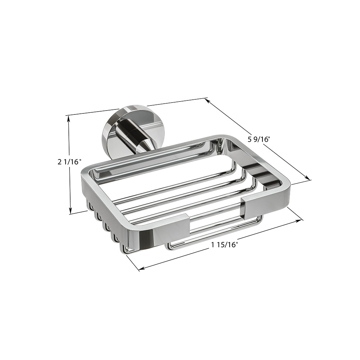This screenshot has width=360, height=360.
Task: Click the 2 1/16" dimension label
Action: click(69, 162)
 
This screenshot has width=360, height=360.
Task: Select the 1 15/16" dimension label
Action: click(224, 245)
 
